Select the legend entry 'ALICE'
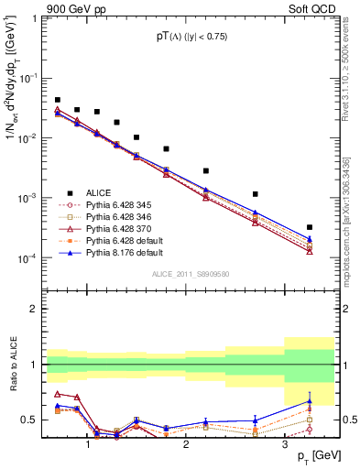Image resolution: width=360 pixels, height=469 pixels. tap(99, 192)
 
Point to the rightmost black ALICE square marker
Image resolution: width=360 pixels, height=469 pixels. tap(309, 227)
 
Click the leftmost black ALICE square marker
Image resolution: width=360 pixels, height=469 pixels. tap(58, 100)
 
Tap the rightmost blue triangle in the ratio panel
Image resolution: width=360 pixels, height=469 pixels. tap(309, 401)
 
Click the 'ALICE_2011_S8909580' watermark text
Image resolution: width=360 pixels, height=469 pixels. tap(190, 274)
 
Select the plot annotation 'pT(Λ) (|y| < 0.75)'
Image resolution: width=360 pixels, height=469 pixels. tap(191, 37)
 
